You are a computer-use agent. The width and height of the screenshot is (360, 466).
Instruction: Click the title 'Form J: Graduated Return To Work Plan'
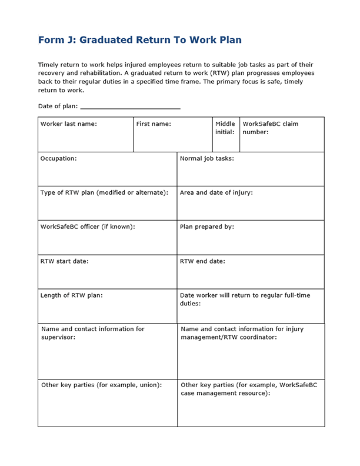[x=139, y=40]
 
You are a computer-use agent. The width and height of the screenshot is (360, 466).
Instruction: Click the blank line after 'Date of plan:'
[x=130, y=107]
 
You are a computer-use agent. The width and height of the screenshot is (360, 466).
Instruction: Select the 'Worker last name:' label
[x=68, y=124]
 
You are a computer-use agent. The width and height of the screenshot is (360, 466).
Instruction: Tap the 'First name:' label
[x=154, y=124]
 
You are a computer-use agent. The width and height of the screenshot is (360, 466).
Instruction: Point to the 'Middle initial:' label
[x=225, y=128]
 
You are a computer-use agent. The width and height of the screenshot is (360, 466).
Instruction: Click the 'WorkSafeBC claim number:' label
[x=270, y=128]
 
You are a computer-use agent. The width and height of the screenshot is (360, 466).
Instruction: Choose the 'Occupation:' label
[x=58, y=158]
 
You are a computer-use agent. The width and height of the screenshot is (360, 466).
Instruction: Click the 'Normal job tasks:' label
[x=206, y=158]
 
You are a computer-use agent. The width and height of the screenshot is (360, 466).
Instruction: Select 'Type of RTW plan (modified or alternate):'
[x=104, y=192]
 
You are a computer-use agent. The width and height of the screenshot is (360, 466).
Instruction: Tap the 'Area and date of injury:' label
[x=216, y=192]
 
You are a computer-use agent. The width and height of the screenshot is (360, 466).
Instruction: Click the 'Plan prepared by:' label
[x=206, y=227]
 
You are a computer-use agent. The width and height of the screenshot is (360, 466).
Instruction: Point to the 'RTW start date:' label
[x=64, y=261]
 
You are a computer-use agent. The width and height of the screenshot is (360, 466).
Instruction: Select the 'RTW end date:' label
[x=202, y=261]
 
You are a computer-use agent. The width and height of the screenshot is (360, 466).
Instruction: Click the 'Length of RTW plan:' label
[x=71, y=295]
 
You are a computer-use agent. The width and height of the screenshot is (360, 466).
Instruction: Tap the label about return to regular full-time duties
[x=245, y=299]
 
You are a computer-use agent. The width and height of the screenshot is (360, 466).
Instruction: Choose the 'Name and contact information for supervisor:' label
[x=92, y=333]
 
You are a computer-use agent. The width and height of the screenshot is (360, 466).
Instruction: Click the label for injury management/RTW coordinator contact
[x=242, y=333]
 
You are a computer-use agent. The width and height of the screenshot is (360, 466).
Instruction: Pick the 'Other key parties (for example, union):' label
[x=101, y=385]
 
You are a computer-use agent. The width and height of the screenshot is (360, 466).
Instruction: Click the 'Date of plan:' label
[x=58, y=106]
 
